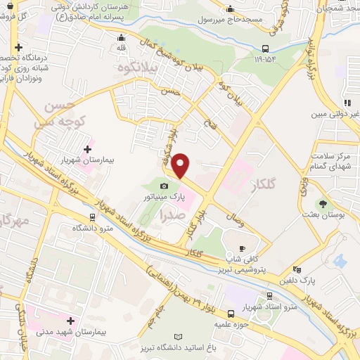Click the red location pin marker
[x=181, y=166]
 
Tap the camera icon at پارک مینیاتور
[x=164, y=186]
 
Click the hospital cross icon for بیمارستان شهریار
[x=87, y=149]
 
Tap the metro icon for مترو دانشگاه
[x=93, y=218]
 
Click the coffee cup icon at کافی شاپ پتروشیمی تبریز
[x=241, y=248]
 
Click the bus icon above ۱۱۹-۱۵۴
[x=264, y=49]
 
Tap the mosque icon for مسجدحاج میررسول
[x=231, y=9]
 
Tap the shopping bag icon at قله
[x=122, y=38]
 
